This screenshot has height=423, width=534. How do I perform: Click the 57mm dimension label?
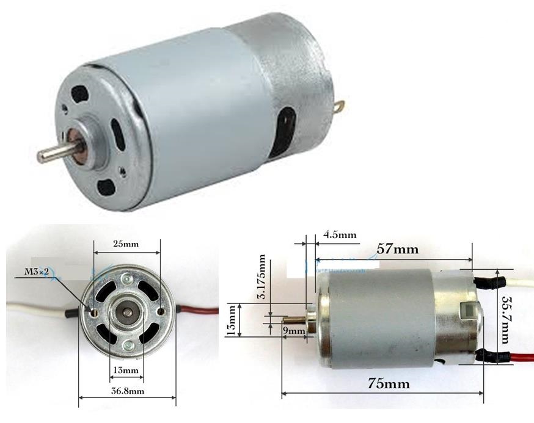click(393, 250)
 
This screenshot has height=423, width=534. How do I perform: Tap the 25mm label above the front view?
click(126, 244)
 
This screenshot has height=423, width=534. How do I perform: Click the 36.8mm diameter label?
click(126, 391)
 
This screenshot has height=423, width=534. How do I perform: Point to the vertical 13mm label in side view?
click(230, 319)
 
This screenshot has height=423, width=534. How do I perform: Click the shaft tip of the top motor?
click(42, 156)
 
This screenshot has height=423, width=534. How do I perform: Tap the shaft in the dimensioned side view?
click(294, 319)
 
